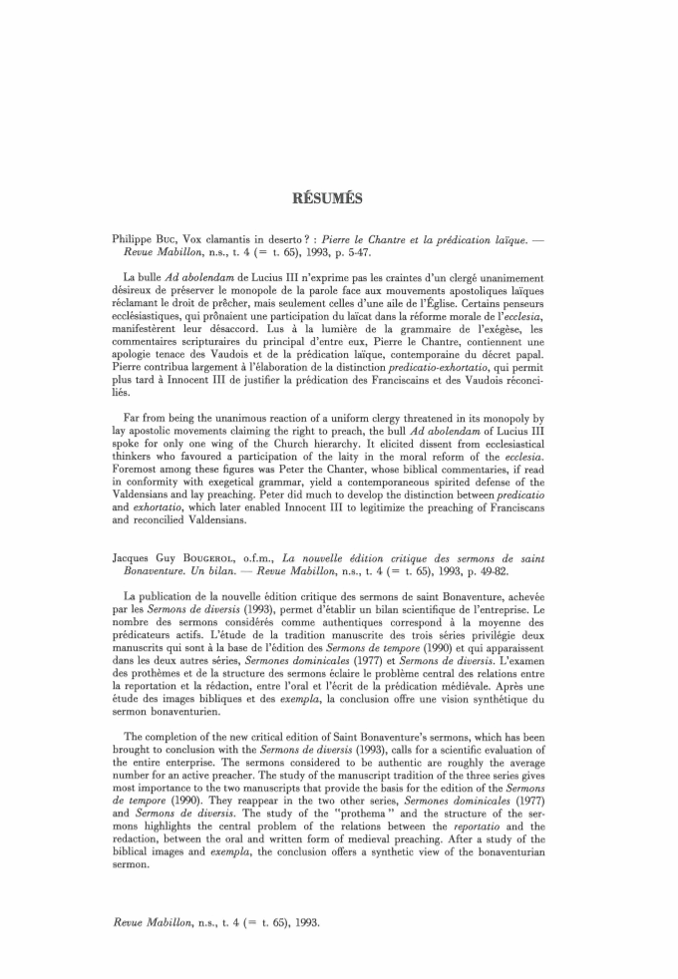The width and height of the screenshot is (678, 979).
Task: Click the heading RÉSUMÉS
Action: tap(340, 197)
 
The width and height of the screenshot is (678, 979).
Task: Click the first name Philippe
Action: tap(138, 239)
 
